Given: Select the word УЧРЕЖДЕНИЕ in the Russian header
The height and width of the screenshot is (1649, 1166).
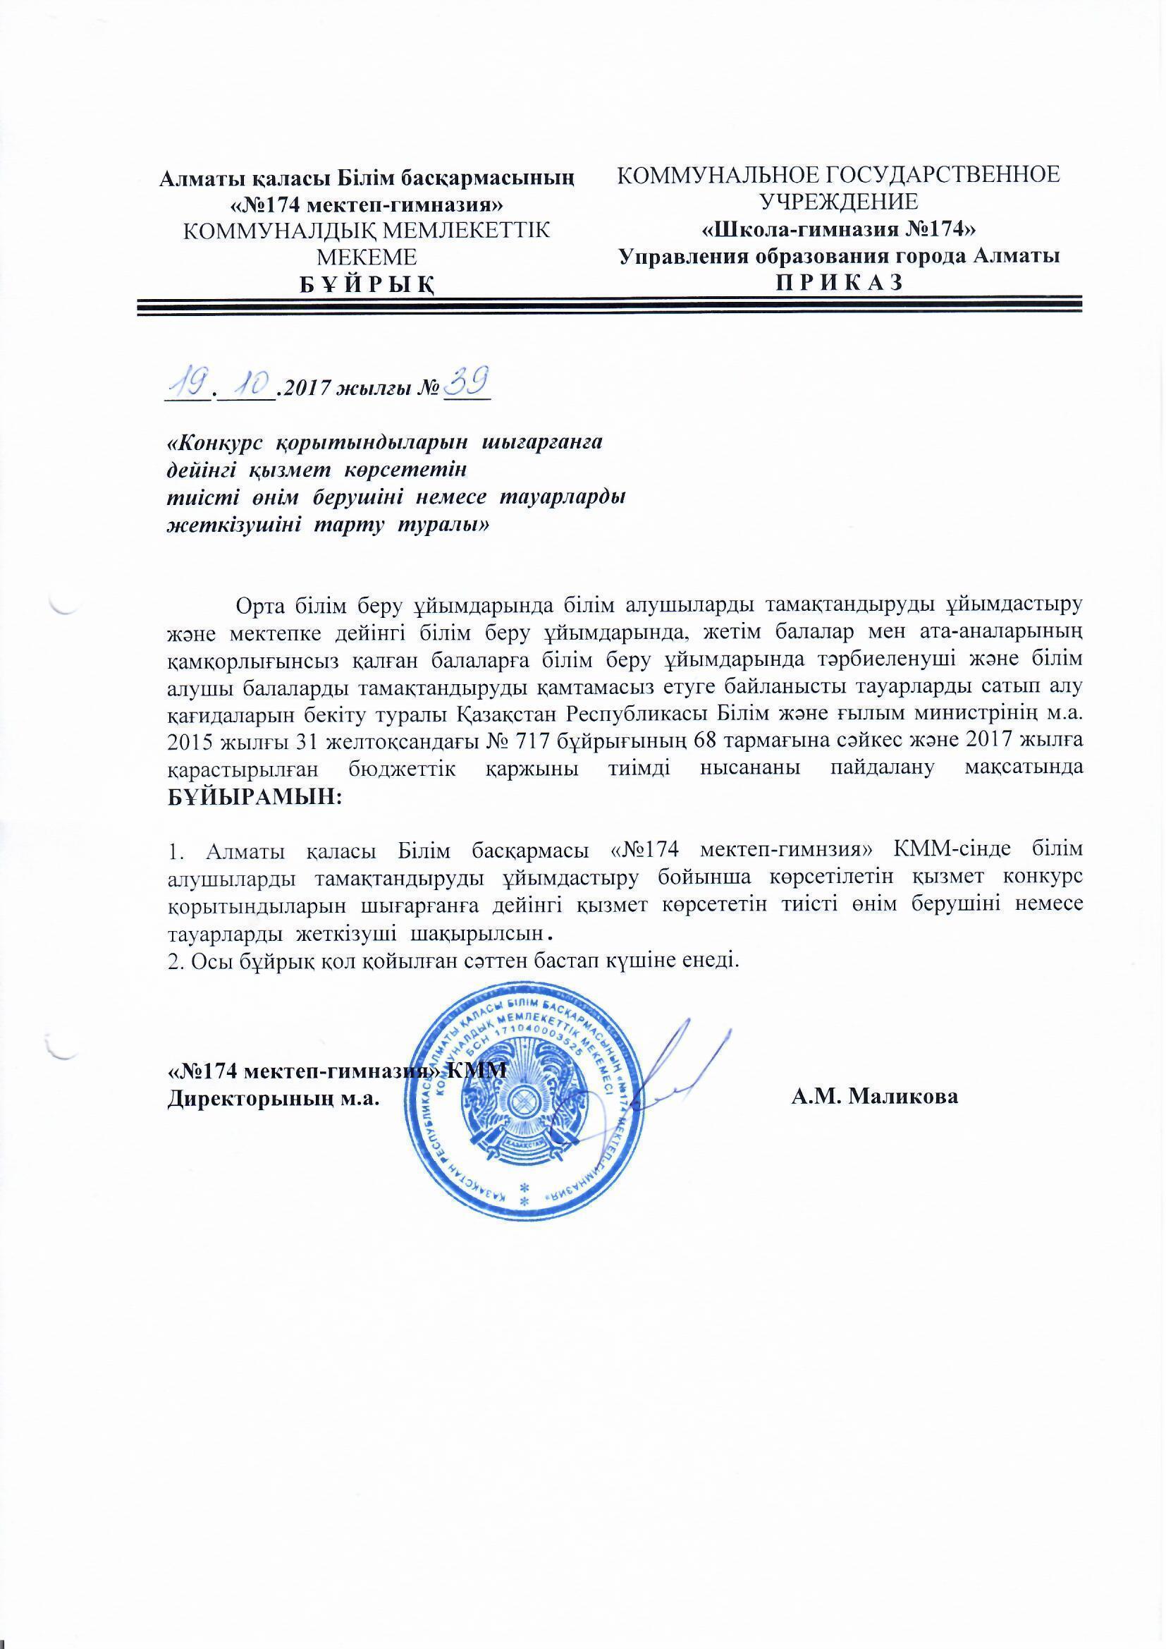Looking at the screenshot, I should tap(840, 202).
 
